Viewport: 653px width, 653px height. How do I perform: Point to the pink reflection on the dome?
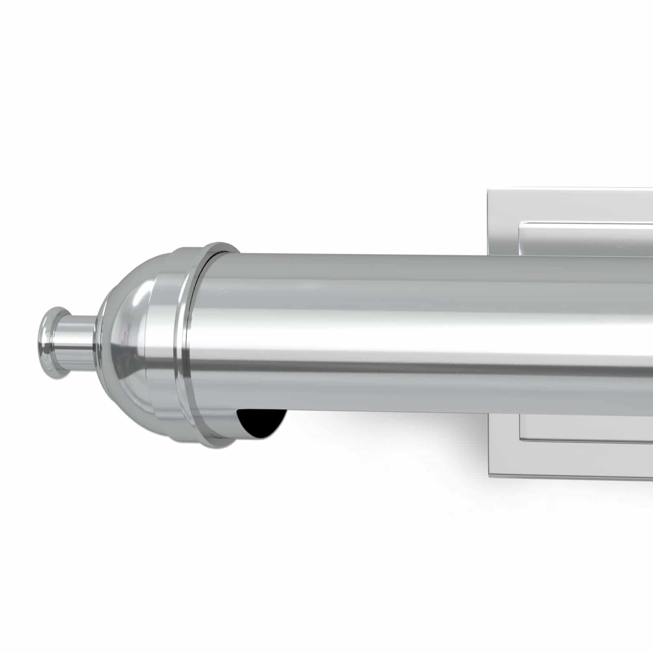pyautogui.click(x=125, y=332)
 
